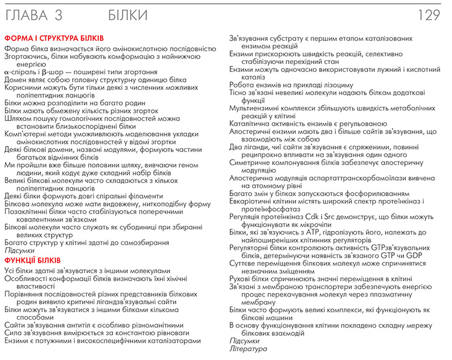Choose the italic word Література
(x=248, y=349)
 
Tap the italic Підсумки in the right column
(x=245, y=341)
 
